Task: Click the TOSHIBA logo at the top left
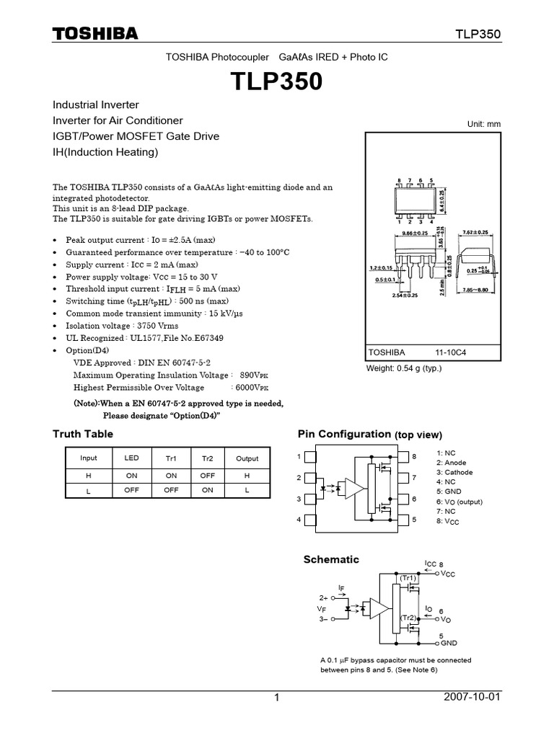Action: pos(94,34)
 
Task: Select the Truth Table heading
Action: pos(83,434)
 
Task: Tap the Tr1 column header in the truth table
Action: pos(171,458)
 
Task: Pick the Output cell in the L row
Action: pos(247,489)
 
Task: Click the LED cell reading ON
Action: pos(131,475)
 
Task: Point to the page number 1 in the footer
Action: pos(276,698)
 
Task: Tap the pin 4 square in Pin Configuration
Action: pos(310,519)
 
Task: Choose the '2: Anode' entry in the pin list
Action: pos(452,463)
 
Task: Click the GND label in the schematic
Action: pos(449,642)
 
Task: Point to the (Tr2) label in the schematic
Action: pos(408,618)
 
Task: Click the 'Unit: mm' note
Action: pos(484,124)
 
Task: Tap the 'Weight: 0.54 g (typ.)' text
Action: pos(404,368)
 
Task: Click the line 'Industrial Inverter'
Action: pos(96,105)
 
